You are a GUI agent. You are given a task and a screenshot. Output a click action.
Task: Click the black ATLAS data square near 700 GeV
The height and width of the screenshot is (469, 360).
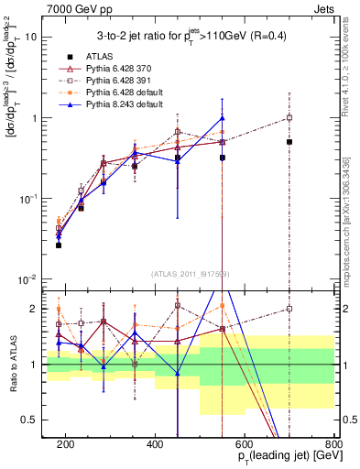pos(289,142)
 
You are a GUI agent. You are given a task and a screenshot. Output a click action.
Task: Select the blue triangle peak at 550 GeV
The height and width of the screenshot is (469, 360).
pos(223,117)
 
